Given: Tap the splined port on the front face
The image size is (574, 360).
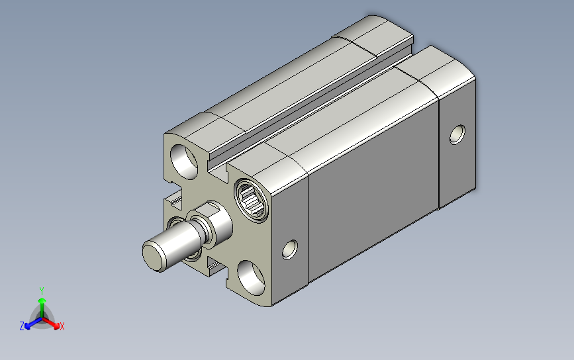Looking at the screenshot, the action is [251, 200].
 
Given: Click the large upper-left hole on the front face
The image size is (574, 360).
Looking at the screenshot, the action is [184, 161].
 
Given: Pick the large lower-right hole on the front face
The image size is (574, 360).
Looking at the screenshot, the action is [251, 278].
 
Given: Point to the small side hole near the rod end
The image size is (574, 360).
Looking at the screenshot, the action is [290, 249].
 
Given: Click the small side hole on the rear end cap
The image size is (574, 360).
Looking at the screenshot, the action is [457, 134].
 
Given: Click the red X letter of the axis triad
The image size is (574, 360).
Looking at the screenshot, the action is [62, 326].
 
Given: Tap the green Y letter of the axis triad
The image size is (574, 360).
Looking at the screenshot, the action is [42, 291].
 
